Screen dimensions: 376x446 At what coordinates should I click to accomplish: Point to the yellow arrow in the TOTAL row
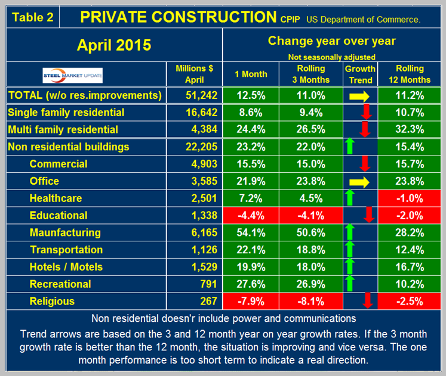pos(360,95)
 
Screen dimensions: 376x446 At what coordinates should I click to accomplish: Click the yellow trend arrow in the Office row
pos(360,181)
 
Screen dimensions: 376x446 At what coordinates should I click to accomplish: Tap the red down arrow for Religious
pos(368,301)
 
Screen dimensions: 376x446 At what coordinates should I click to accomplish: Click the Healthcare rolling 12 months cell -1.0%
pos(408,198)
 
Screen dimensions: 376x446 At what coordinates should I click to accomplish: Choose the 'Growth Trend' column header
pos(360,74)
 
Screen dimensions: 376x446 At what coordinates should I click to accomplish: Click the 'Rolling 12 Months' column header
pos(408,74)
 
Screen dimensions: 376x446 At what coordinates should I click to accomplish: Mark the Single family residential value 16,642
pos(195,112)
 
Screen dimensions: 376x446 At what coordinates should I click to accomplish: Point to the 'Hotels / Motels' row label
pos(66,267)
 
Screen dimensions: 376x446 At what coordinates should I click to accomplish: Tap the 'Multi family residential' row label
pos(63,129)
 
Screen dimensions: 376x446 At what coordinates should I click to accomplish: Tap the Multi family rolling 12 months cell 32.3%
pos(408,129)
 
